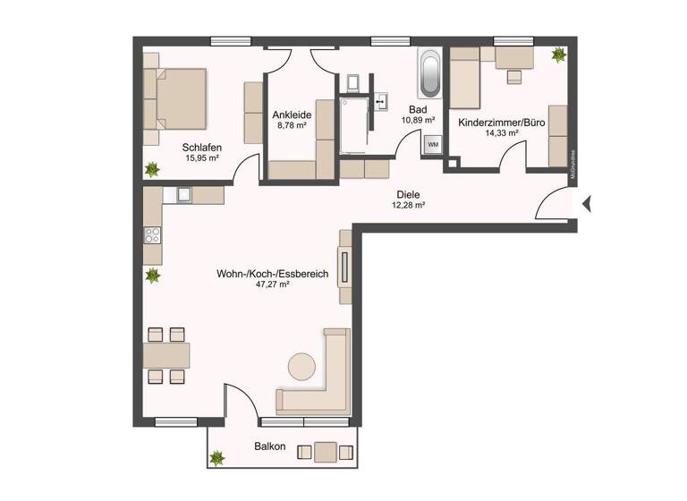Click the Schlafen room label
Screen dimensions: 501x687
(x=201, y=148)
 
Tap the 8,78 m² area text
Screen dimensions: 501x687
(x=291, y=126)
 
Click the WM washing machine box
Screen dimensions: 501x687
(x=433, y=144)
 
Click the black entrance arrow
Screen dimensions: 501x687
(x=587, y=205)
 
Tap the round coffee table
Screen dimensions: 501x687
(x=301, y=366)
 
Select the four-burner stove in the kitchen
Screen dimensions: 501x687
(x=152, y=236)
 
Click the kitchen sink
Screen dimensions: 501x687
(x=185, y=193)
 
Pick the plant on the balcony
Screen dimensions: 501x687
(x=216, y=459)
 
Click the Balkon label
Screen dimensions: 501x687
(x=270, y=446)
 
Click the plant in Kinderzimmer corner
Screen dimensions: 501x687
(x=559, y=55)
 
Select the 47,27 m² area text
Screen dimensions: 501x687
(x=272, y=284)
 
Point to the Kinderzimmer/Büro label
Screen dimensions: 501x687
(x=501, y=122)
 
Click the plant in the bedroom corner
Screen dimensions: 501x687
(x=152, y=168)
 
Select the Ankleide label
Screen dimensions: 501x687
(x=291, y=115)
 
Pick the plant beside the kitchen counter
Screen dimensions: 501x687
(x=153, y=276)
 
